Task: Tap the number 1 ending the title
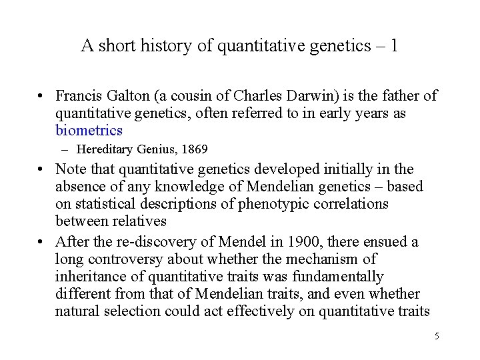[x=395, y=45]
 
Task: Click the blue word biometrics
[x=89, y=131]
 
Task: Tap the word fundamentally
[x=338, y=276]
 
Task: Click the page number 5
[x=436, y=336]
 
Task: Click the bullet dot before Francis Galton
[x=41, y=97]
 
